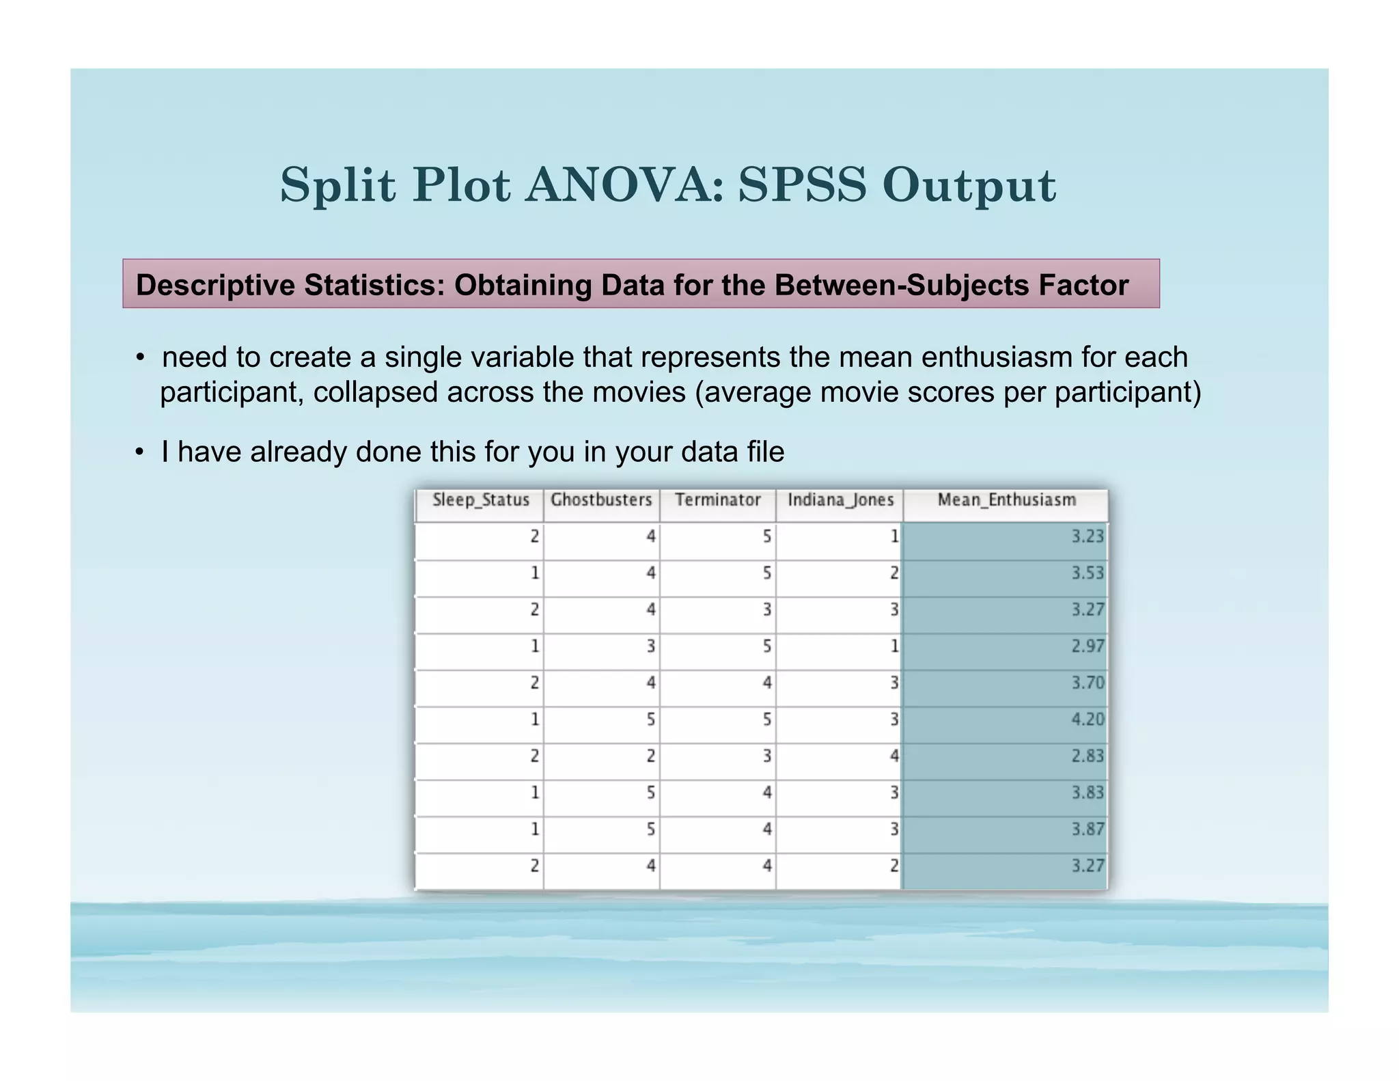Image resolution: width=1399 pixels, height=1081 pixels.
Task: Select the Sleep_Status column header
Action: (481, 500)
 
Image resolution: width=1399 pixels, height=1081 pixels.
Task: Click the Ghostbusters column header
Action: (601, 500)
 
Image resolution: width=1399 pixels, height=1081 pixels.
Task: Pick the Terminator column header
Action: (717, 500)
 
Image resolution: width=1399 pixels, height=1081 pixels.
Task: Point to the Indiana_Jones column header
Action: (840, 500)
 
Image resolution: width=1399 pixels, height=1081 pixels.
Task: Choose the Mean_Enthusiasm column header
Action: (1006, 500)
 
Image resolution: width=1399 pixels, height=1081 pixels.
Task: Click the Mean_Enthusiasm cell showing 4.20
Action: (1087, 720)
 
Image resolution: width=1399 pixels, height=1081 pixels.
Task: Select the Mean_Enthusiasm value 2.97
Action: (1087, 646)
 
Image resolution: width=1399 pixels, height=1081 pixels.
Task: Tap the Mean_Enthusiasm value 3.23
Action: (1087, 536)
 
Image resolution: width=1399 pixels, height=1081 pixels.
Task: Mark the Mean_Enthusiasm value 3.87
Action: (1087, 830)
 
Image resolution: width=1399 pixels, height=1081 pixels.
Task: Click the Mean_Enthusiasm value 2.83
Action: (1087, 756)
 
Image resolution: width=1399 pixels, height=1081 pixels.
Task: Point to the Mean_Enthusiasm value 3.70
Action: (1087, 683)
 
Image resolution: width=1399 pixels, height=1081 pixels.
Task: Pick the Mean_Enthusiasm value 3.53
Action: (1087, 573)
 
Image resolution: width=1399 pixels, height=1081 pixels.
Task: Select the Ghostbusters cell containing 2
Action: (650, 756)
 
